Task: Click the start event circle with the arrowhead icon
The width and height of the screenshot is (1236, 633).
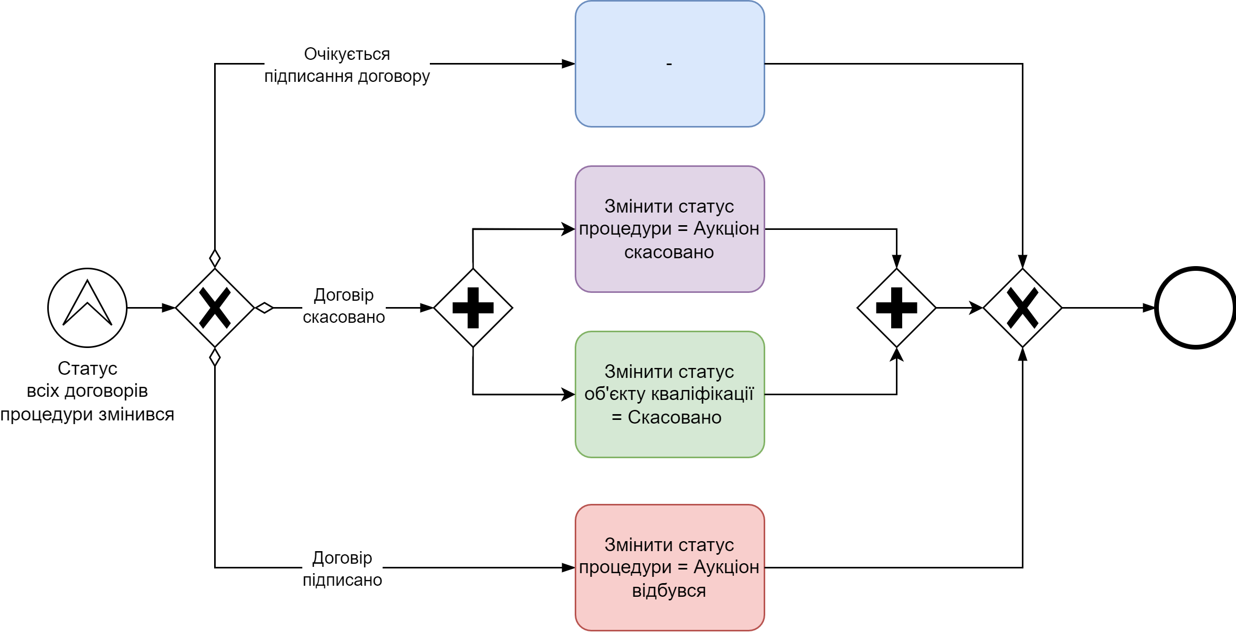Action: pyautogui.click(x=87, y=308)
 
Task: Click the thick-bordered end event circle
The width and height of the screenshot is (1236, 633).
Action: pyautogui.click(x=1196, y=308)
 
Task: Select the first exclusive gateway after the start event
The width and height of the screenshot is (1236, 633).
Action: pyautogui.click(x=215, y=308)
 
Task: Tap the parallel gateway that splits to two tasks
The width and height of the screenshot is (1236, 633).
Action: pyautogui.click(x=473, y=308)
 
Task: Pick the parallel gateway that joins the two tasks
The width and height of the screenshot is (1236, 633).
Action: pyautogui.click(x=896, y=308)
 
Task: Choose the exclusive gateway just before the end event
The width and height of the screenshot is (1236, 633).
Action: pyautogui.click(x=1022, y=308)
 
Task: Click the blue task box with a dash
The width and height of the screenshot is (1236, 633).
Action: pyautogui.click(x=670, y=64)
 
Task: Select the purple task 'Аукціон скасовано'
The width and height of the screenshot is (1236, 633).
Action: pyautogui.click(x=670, y=229)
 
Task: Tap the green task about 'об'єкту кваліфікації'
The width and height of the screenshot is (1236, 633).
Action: pyautogui.click(x=670, y=394)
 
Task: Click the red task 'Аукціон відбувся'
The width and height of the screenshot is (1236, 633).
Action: pyautogui.click(x=670, y=567)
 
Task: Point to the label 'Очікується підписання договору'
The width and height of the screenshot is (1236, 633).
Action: pyautogui.click(x=347, y=65)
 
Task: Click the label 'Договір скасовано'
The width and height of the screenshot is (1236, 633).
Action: pyautogui.click(x=344, y=306)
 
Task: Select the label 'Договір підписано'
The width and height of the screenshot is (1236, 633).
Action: pyautogui.click(x=342, y=568)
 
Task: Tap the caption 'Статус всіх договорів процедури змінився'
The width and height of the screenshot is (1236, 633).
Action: pyautogui.click(x=87, y=391)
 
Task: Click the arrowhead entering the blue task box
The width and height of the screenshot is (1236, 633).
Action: pyautogui.click(x=568, y=64)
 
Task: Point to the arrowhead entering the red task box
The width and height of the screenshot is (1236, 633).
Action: pyautogui.click(x=568, y=567)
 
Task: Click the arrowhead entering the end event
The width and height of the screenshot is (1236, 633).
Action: pyautogui.click(x=1149, y=308)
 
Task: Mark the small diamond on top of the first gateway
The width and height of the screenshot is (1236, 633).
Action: pyautogui.click(x=215, y=258)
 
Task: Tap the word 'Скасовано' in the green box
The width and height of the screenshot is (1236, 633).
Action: pyautogui.click(x=674, y=417)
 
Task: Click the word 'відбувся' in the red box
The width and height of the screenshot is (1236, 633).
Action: pyautogui.click(x=669, y=590)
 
